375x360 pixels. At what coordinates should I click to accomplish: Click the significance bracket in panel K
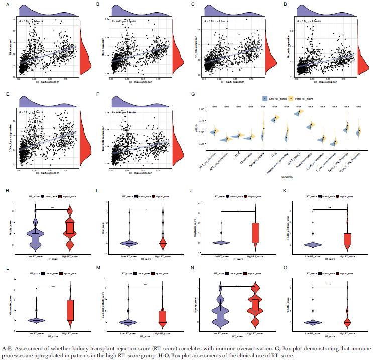pos(330,208)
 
